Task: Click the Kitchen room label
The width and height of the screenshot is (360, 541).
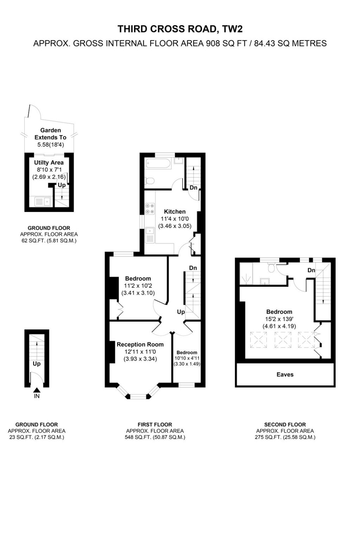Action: [175, 212]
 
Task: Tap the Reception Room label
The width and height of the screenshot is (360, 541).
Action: [140, 344]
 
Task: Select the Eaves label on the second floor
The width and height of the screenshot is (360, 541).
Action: [285, 374]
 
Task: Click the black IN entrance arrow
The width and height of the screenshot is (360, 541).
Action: [37, 390]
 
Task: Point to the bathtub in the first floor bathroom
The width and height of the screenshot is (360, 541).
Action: [158, 163]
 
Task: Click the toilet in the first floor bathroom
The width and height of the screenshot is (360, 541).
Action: [150, 181]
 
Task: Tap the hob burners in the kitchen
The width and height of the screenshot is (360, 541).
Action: [150, 209]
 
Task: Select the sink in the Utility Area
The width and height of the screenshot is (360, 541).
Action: [43, 201]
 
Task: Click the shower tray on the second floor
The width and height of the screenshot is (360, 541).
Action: [246, 274]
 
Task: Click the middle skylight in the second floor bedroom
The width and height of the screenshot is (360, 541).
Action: [283, 340]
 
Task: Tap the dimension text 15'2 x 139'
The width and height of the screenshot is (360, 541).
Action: [279, 319]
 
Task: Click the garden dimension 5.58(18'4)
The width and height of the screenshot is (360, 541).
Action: [50, 145]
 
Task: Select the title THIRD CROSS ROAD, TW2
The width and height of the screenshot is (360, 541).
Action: [180, 29]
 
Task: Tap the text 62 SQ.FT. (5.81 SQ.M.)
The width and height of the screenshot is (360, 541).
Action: [49, 241]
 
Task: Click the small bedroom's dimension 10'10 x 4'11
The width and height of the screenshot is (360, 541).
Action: [187, 358]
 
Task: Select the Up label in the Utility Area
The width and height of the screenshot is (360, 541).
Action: [62, 185]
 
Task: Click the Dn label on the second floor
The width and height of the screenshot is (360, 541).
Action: [311, 270]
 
